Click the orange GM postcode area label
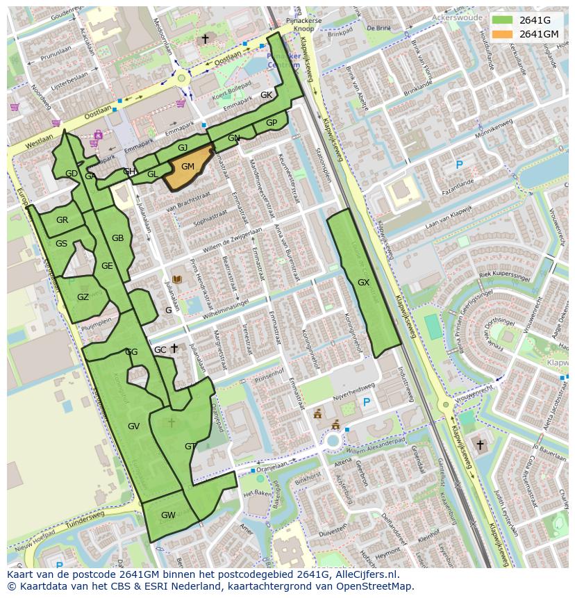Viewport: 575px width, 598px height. [187, 167]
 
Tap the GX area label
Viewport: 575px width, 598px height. [363, 283]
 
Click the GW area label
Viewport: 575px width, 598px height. [168, 515]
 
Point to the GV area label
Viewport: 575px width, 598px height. [134, 426]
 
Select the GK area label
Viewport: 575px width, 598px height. [266, 95]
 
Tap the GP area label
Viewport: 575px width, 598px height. [272, 123]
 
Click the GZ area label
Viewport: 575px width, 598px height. [83, 297]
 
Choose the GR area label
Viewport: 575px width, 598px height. [62, 220]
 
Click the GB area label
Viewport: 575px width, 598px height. [117, 238]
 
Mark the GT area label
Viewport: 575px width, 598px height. [190, 447]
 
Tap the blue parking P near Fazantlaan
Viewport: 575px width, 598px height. [458, 165]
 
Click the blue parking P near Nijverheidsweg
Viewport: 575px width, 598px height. [367, 402]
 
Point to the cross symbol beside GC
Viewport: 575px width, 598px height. [175, 348]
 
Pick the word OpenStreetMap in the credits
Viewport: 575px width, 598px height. [376, 586]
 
